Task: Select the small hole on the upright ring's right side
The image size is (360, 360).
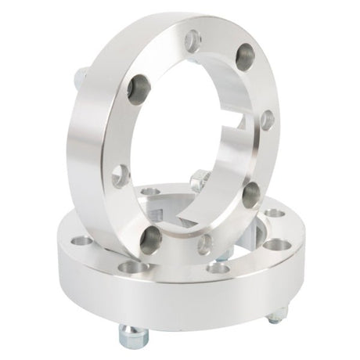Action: pyautogui.click(x=267, y=119)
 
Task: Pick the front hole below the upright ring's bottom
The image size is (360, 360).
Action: pyautogui.click(x=218, y=268)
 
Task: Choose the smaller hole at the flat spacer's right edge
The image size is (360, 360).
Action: pyautogui.click(x=275, y=213)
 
